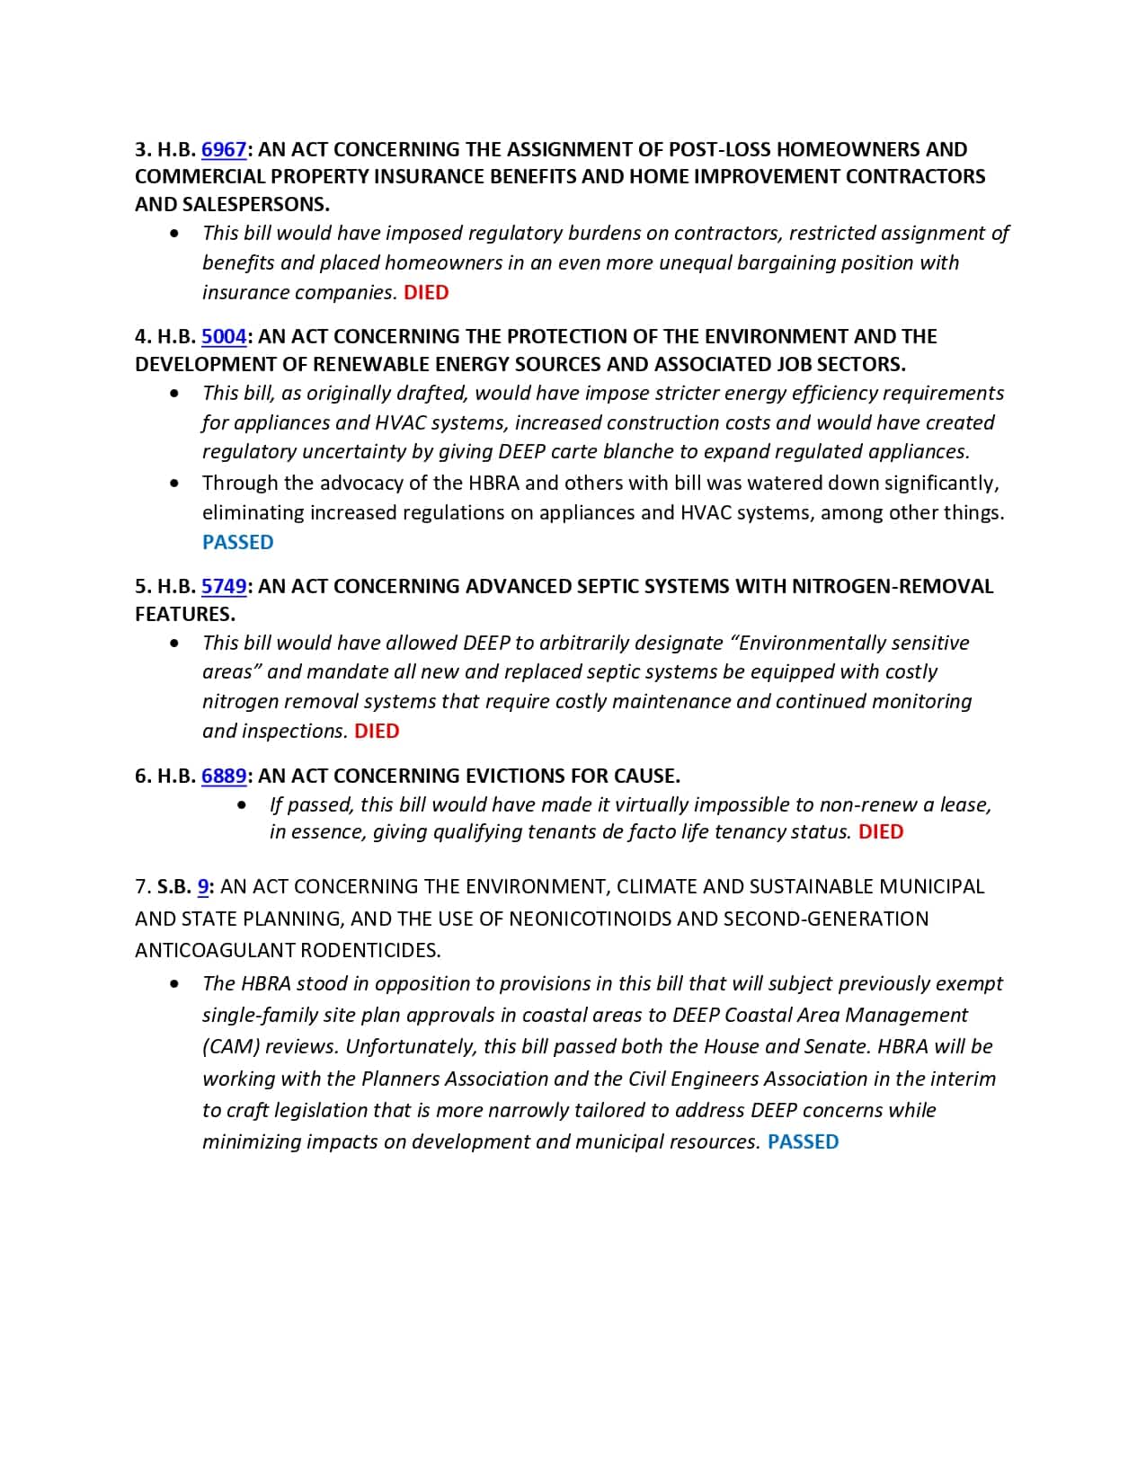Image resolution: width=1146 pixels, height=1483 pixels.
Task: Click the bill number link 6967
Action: coord(224,149)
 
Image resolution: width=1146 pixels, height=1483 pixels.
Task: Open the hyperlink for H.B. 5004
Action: coord(224,336)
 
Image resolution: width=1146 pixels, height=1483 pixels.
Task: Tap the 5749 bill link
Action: coord(224,586)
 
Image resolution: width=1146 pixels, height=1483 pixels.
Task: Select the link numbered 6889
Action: coord(224,776)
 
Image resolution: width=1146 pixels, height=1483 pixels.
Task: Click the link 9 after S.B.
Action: coord(203,887)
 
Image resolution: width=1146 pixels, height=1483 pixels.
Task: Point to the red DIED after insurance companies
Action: coord(426,292)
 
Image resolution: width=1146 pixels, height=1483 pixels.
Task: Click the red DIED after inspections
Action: coord(377,731)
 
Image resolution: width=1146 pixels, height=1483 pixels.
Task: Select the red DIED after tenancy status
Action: coord(881,831)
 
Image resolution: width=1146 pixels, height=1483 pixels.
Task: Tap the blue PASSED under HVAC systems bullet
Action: coord(237,542)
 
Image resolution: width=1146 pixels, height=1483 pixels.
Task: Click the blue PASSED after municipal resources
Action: coord(803,1141)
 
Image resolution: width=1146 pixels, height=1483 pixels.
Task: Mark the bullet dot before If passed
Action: coord(242,805)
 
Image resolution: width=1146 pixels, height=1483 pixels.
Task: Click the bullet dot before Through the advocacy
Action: coord(174,484)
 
